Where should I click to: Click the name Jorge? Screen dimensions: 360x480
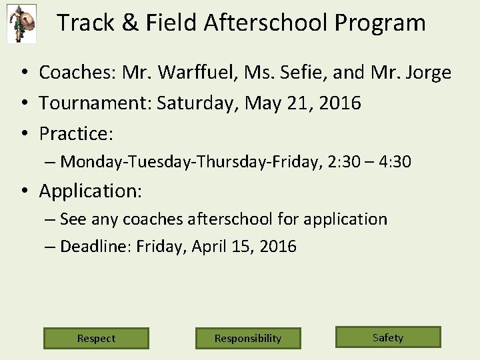[427, 72]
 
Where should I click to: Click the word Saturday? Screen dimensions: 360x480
[198, 103]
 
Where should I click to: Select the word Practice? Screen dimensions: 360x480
[75, 134]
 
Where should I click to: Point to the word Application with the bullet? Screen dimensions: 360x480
[90, 191]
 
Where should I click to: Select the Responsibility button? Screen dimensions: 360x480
[248, 338]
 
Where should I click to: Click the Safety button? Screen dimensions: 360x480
[388, 337]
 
